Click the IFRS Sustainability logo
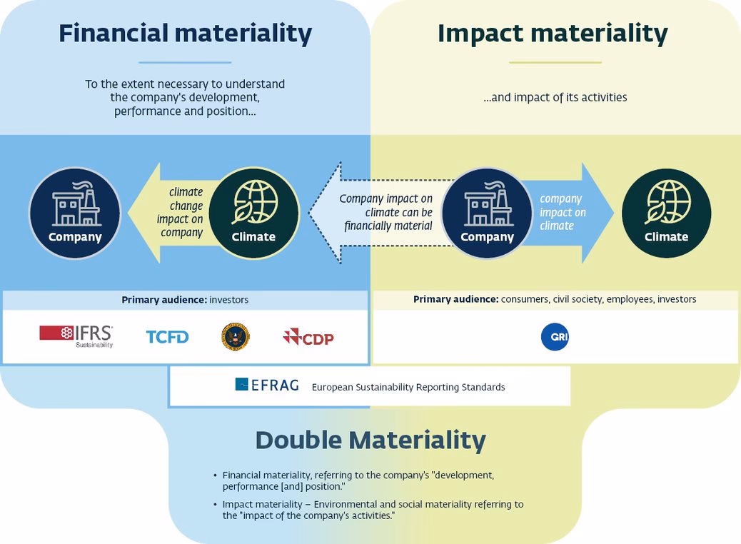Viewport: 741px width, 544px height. pos(76,336)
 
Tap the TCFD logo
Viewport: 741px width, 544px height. pos(167,337)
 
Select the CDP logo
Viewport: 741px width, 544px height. pos(308,337)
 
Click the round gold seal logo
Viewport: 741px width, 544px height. pos(236,336)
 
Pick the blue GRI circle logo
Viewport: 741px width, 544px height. pos(555,337)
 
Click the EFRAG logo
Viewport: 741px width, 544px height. pos(267,385)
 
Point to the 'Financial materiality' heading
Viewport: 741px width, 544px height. pos(186,34)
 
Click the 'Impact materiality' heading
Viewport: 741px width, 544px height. pos(553,34)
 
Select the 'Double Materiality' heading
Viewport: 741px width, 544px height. pos(370,440)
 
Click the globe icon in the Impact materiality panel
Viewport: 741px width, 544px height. pos(667,202)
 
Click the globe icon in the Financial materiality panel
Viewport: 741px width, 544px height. pos(254,202)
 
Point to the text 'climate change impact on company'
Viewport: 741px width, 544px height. pos(181,212)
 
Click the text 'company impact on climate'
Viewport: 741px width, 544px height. pos(563,212)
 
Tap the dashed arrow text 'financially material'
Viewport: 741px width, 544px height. pos(388,226)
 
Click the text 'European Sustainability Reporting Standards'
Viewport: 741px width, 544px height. pos(408,387)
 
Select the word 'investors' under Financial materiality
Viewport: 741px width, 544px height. pos(228,300)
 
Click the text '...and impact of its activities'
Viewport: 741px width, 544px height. pos(555,97)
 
